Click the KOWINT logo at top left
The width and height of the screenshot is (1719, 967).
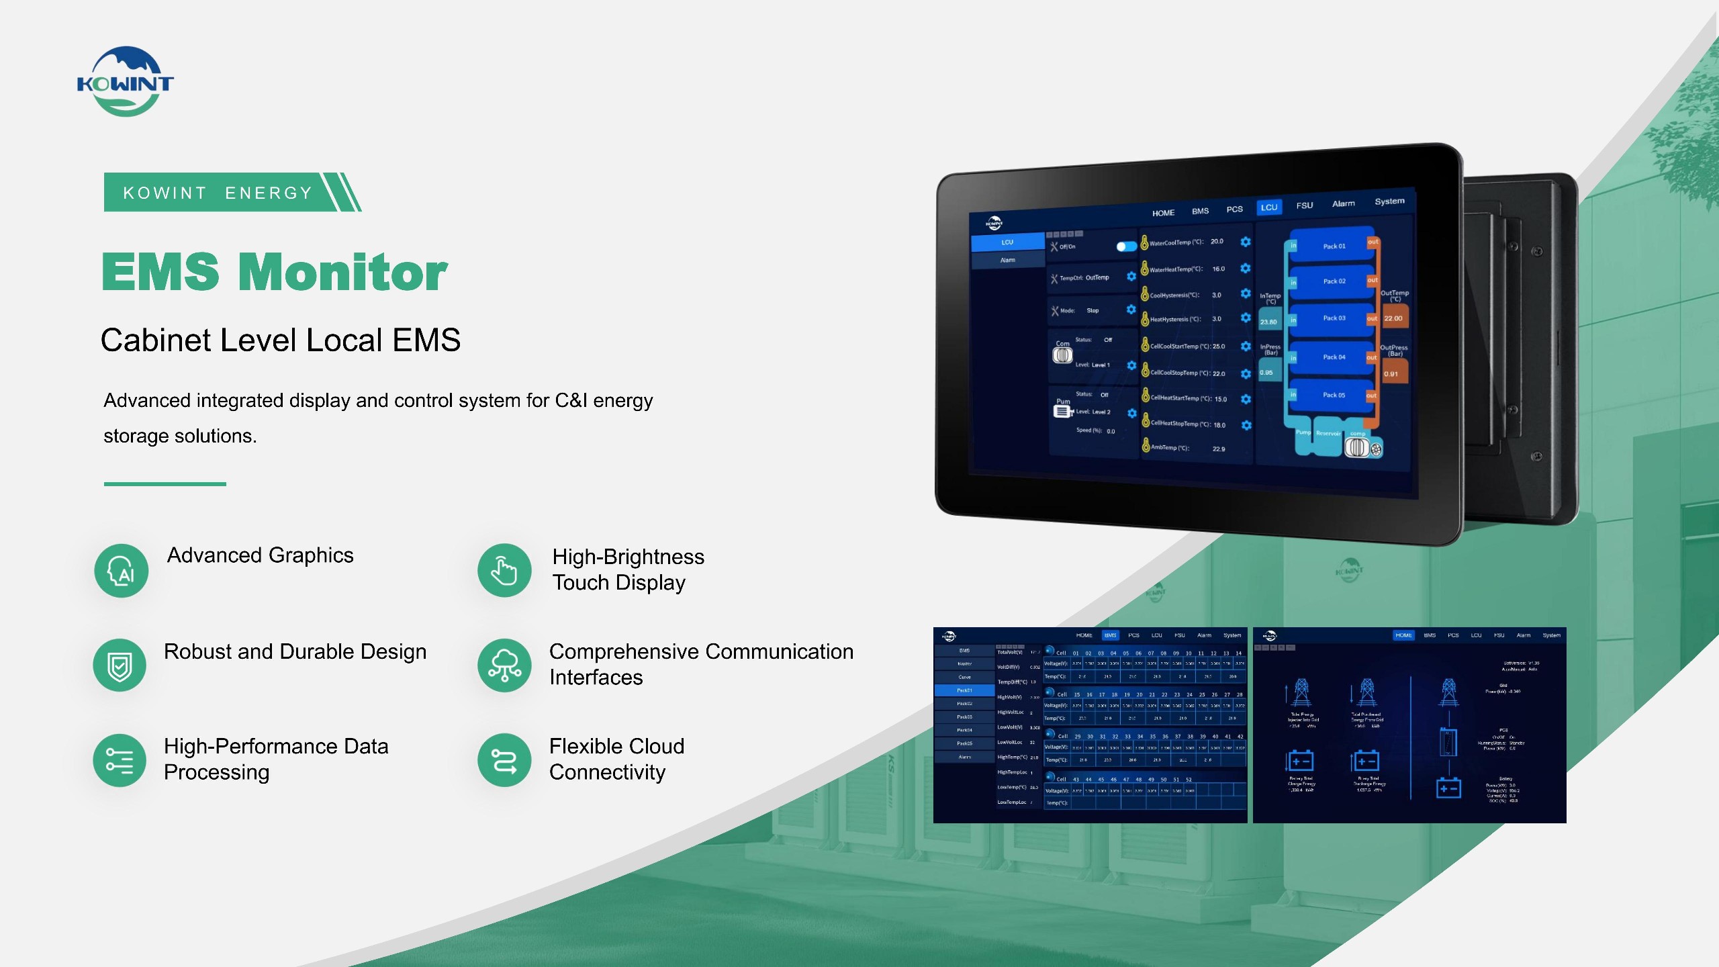click(126, 81)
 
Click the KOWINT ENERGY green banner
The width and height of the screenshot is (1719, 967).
click(222, 193)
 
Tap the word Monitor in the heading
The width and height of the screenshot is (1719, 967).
click(342, 273)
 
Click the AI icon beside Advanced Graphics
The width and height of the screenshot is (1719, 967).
click(121, 571)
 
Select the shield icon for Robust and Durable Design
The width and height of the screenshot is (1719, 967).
click(120, 665)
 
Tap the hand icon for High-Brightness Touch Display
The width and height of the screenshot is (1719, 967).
click(504, 571)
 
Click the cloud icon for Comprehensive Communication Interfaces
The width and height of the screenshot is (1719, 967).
click(504, 665)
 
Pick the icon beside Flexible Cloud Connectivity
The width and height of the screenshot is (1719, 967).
click(504, 760)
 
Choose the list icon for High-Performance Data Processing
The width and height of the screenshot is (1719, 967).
click(120, 760)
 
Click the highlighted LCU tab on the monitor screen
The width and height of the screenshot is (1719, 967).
click(1268, 208)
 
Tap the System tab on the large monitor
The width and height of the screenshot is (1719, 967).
click(1389, 201)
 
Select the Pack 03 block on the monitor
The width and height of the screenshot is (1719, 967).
click(1334, 318)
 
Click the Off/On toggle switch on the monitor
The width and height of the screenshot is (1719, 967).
click(1126, 246)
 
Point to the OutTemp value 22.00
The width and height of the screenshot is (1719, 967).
click(1393, 319)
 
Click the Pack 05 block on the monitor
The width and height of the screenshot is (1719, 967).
click(1334, 395)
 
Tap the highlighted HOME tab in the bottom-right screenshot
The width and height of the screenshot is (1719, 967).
click(1403, 635)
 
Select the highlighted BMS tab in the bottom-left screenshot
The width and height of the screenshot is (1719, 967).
click(1110, 635)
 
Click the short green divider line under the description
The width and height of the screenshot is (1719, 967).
click(165, 483)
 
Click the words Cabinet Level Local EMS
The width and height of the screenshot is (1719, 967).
click(281, 340)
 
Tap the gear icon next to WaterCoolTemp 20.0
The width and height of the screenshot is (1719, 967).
click(1246, 242)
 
